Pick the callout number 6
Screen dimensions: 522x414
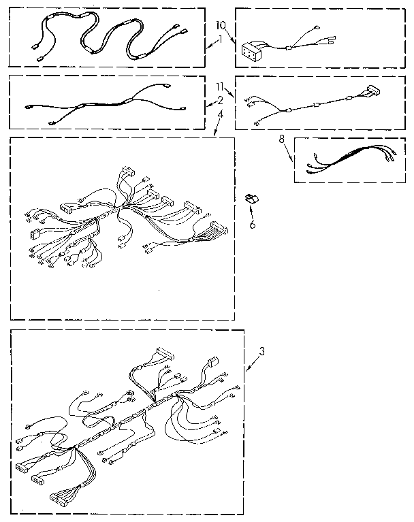click(x=252, y=225)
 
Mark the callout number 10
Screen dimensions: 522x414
click(x=219, y=25)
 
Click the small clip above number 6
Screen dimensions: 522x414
click(x=250, y=199)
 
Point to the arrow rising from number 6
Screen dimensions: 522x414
click(x=251, y=212)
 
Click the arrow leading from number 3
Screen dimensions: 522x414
click(x=253, y=364)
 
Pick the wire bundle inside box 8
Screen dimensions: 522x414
click(x=347, y=159)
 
